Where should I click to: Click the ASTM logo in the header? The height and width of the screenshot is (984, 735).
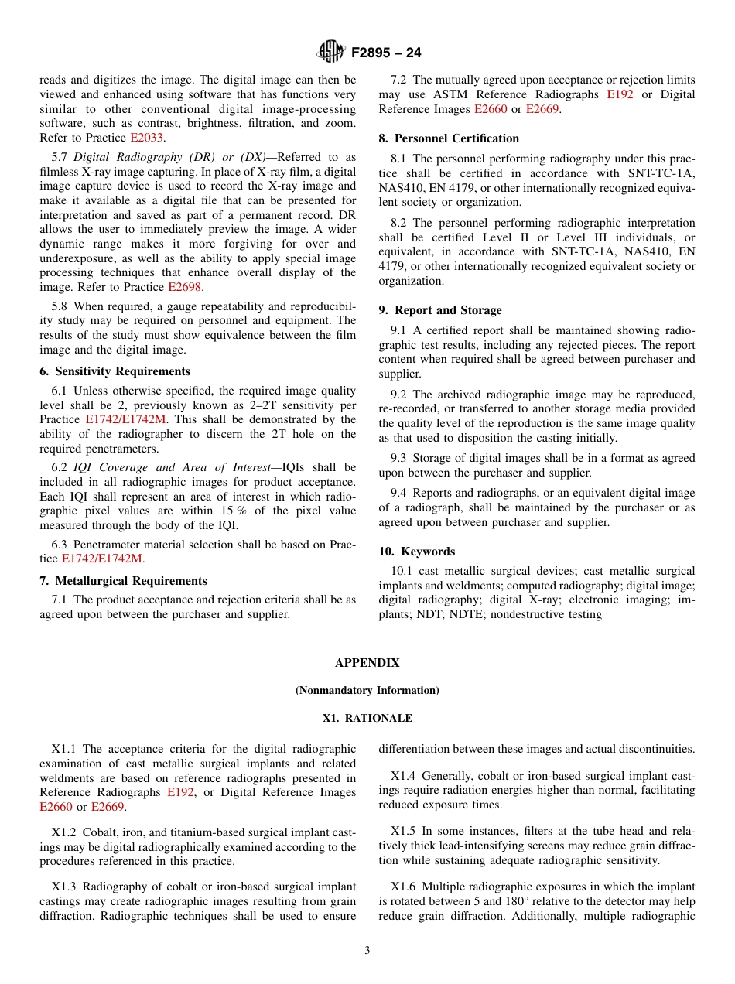pyautogui.click(x=332, y=53)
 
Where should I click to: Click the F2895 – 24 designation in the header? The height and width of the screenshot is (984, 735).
pyautogui.click(x=386, y=53)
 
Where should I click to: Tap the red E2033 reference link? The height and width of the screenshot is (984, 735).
pyautogui.click(x=146, y=138)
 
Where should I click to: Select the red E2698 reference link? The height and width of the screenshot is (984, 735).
pyautogui.click(x=184, y=287)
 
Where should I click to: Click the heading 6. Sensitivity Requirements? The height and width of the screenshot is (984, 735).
pyautogui.click(x=115, y=371)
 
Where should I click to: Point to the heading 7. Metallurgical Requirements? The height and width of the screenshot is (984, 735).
pyautogui.click(x=123, y=581)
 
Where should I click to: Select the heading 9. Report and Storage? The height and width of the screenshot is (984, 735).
pyautogui.click(x=439, y=310)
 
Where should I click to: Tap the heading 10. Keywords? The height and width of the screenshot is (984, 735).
pyautogui.click(x=416, y=552)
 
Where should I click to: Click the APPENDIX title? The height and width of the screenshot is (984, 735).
pyautogui.click(x=367, y=663)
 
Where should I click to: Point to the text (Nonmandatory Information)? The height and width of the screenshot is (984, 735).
pyautogui.click(x=367, y=690)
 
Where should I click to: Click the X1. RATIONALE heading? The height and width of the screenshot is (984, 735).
pyautogui.click(x=367, y=718)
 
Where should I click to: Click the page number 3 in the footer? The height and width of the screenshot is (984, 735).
pyautogui.click(x=367, y=951)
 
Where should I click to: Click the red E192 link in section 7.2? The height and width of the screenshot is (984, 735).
pyautogui.click(x=620, y=94)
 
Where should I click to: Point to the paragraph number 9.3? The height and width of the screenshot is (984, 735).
pyautogui.click(x=400, y=458)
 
